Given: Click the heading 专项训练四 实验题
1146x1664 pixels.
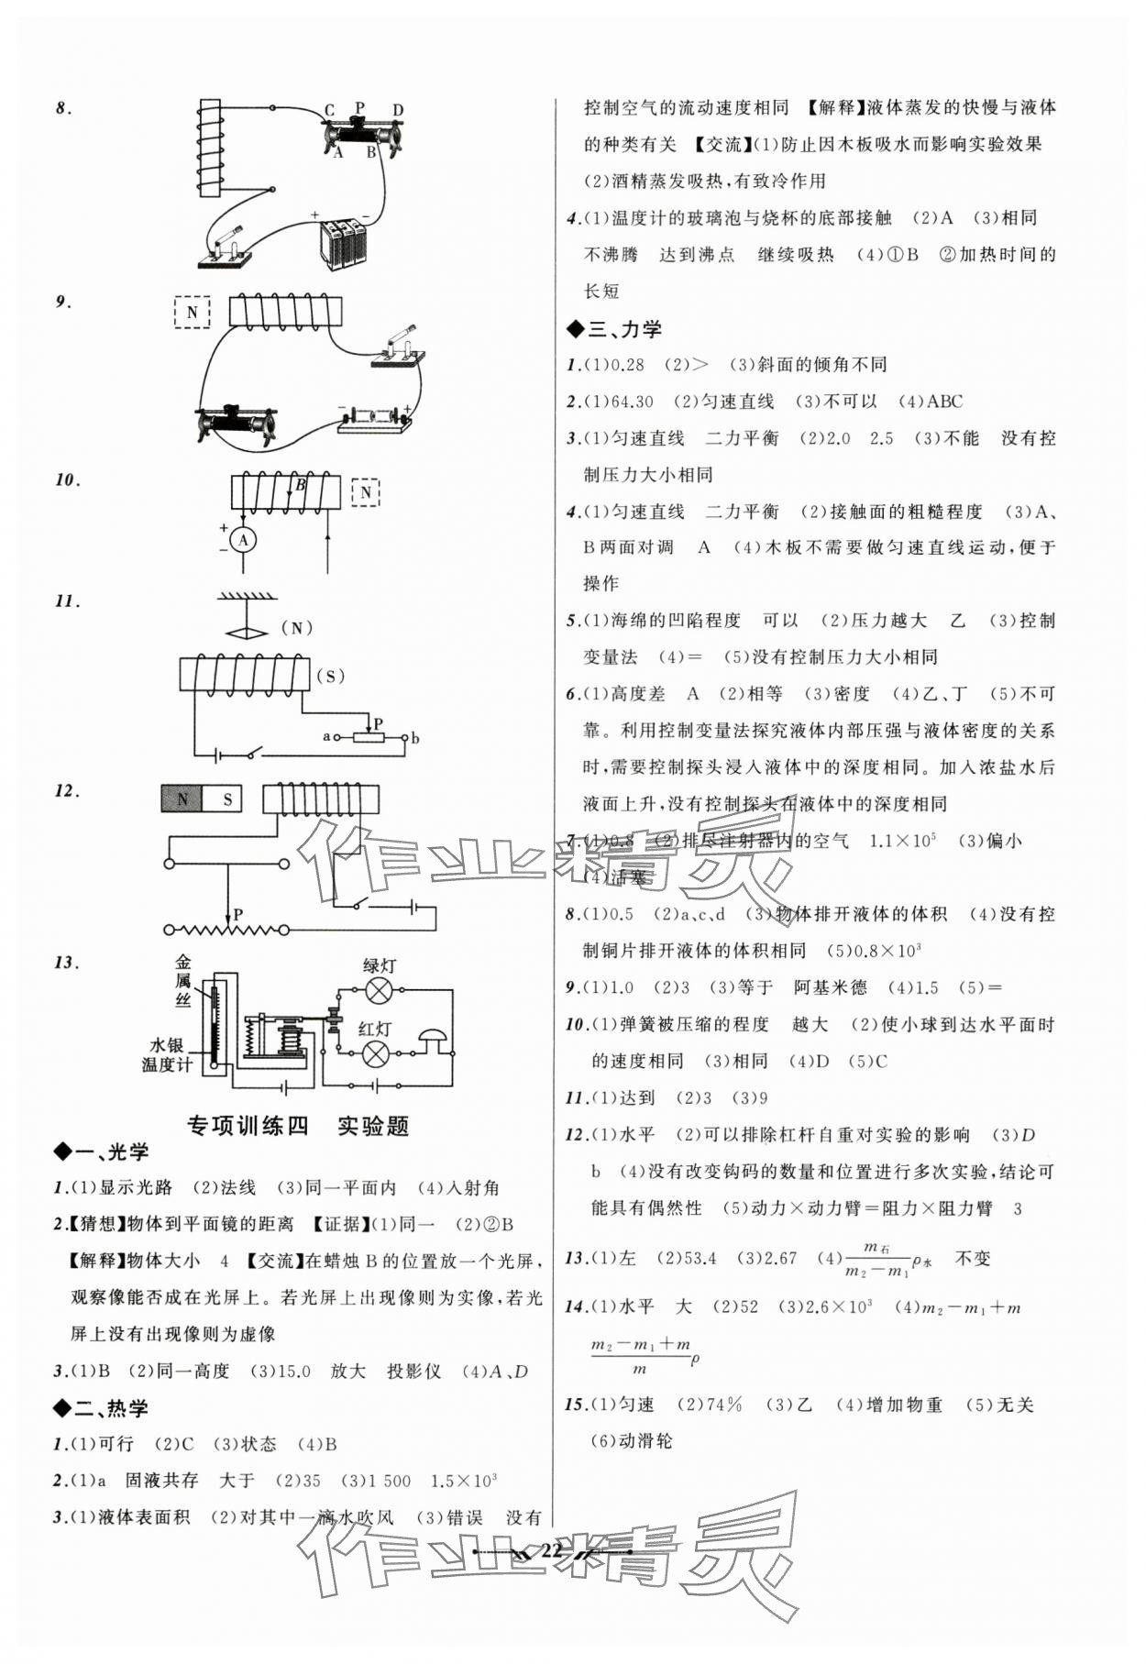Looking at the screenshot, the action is coord(298,1126).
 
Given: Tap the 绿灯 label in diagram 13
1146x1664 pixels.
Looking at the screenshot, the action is coord(379,965).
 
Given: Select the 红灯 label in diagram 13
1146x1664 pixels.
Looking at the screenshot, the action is coord(374,1030).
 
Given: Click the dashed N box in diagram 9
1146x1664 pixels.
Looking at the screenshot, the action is coord(193,312).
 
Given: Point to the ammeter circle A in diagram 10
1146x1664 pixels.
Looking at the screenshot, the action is coord(243,541).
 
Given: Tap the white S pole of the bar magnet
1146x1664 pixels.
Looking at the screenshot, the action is coord(227,799).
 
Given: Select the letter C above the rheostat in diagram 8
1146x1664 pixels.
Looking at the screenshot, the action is coord(329,111).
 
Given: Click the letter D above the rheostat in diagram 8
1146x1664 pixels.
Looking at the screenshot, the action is coord(398,111).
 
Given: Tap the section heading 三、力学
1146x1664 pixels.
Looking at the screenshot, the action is coord(614,328).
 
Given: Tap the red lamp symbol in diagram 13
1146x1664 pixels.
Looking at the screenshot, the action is coord(373,1054).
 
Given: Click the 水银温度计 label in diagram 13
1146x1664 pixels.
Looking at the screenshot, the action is coord(166,1054).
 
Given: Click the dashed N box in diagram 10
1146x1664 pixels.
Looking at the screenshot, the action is coord(366,492).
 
